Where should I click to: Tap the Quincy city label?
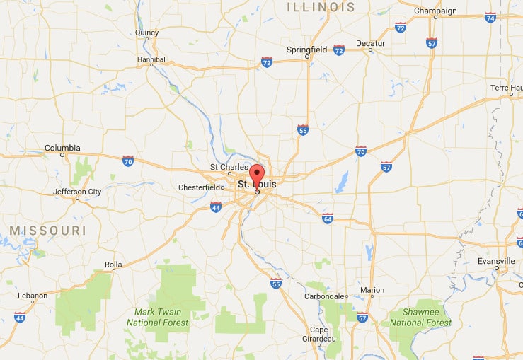146,33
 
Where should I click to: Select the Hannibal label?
151,59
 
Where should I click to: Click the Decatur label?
370,43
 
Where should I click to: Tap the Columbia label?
62,148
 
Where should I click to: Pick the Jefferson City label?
79,192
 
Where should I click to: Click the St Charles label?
229,168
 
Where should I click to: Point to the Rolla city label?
113,265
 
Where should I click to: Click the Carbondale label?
326,296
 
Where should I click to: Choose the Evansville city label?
497,260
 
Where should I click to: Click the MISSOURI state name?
47,231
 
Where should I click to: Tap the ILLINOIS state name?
321,7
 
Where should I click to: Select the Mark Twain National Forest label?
158,317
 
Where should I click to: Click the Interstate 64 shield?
328,217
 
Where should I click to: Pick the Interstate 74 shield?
490,17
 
